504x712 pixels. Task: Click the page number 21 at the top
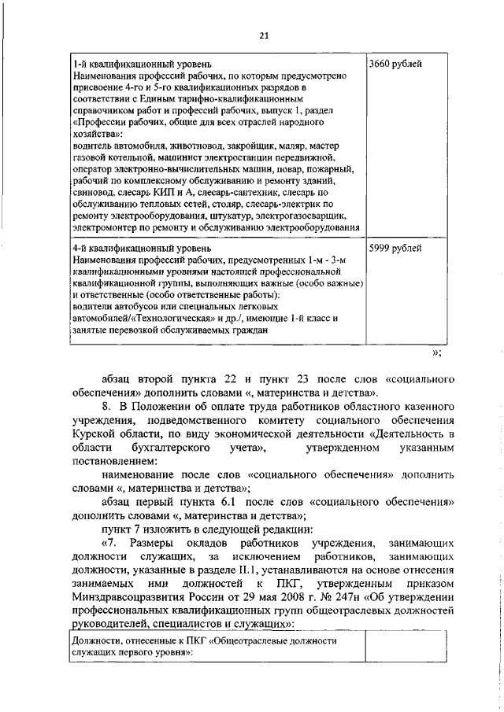pos(264,34)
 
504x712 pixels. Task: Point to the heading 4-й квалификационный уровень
pos(139,249)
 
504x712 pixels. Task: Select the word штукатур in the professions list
pos(228,216)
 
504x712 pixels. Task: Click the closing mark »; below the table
pos(438,352)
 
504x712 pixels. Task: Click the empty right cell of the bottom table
pos(400,647)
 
